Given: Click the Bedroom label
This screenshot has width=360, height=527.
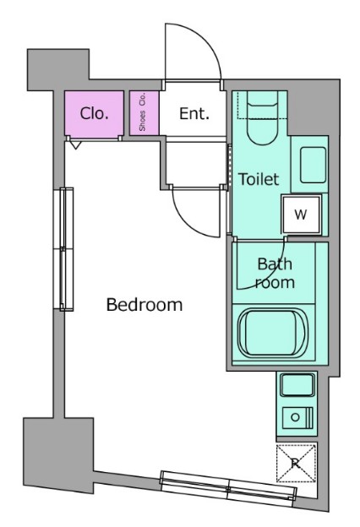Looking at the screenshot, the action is pos(145,305).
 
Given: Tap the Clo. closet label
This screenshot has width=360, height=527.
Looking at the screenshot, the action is pos(94,113).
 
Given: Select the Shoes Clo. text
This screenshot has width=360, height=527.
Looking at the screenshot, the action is pos(142,112).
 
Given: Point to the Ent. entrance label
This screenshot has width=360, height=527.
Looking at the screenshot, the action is pos(194,114).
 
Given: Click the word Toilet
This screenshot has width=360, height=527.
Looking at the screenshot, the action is pos(259,179).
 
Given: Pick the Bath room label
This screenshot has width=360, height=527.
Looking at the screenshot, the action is pos(275,274).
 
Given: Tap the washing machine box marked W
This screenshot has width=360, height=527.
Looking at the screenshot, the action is pos(301,215).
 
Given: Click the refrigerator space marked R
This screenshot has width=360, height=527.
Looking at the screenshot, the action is pos(296,463).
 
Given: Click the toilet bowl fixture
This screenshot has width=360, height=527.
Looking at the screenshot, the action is pos(263,117).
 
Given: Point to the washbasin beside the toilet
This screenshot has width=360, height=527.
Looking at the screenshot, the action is pos(313,165).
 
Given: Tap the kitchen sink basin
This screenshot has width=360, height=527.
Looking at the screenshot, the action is pos(297,385).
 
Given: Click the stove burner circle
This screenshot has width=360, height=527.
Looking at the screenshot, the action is pos(295,417).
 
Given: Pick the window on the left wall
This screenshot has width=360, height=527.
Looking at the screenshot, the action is pos(63,249).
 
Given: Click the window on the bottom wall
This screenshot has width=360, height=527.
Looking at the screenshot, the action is pos(228,489).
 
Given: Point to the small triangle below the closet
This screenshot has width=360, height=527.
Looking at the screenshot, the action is pos(76,145).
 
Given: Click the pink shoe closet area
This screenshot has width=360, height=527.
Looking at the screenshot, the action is pos(144,113).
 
